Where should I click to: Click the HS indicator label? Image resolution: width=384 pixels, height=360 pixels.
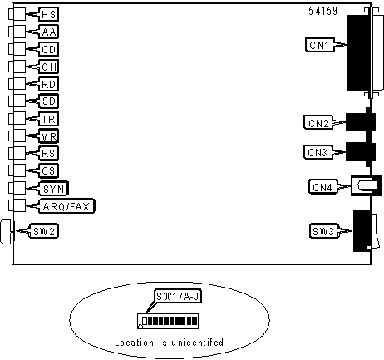49,14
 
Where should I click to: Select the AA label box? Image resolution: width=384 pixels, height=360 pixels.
49,32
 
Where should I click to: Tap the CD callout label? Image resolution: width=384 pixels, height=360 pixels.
49,49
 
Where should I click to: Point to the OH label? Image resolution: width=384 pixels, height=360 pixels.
49,67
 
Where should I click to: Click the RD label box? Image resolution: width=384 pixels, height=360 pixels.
49,84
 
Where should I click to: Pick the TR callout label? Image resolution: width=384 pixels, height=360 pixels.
49,119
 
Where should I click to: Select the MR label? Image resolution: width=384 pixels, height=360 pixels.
49,136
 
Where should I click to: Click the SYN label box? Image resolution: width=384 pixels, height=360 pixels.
54,189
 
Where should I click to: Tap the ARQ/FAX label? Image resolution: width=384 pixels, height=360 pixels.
66,206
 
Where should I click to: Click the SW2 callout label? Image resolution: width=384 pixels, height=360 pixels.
44,231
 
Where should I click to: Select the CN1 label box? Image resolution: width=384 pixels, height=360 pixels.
319,45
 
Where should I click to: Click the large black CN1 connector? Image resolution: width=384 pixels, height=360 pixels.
359,52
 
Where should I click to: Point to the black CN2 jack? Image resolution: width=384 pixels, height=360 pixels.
360,121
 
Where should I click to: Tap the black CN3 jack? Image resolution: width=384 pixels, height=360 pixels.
360,152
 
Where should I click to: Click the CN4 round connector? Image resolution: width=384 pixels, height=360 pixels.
366,185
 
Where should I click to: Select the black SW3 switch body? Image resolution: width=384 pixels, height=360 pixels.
362,231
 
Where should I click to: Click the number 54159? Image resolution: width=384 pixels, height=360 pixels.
323,11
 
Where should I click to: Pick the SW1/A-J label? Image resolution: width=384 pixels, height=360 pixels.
178,297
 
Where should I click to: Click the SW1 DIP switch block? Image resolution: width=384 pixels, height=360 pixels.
168,321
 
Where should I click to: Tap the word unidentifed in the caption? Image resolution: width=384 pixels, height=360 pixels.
197,343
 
